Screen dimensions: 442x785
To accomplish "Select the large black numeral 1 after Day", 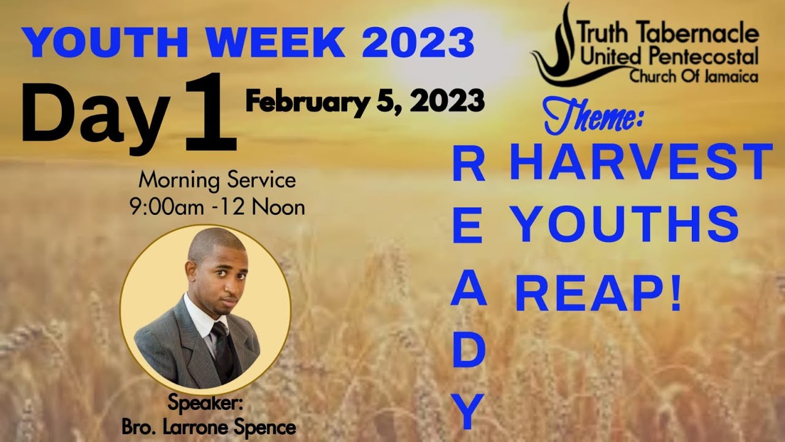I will coord(211,114).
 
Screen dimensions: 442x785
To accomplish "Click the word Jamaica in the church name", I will coord(732,77).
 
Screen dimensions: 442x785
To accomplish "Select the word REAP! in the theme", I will coord(599,294).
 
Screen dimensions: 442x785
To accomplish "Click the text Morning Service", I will coord(217,180).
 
